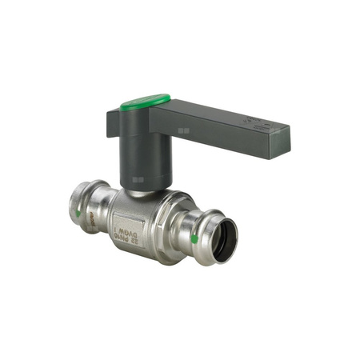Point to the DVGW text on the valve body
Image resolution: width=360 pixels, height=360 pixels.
(x=133, y=227)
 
